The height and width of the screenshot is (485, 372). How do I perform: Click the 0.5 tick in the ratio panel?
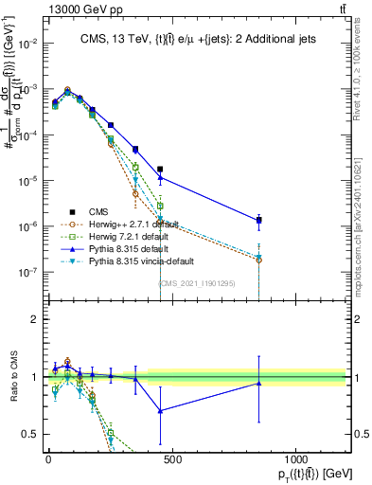(28, 434)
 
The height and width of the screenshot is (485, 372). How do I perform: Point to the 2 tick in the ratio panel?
(33, 319)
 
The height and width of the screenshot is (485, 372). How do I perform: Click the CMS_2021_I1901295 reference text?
(197, 283)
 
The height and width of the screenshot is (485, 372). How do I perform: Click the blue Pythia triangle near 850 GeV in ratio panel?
(258, 383)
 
